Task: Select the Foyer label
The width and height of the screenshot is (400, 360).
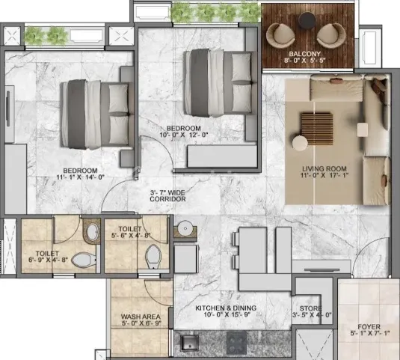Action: (369, 327)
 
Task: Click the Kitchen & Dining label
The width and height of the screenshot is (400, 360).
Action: (225, 308)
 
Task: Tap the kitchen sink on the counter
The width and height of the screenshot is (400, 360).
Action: (190, 343)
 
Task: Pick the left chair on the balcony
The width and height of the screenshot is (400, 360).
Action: (283, 34)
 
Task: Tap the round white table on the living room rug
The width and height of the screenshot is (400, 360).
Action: (300, 142)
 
